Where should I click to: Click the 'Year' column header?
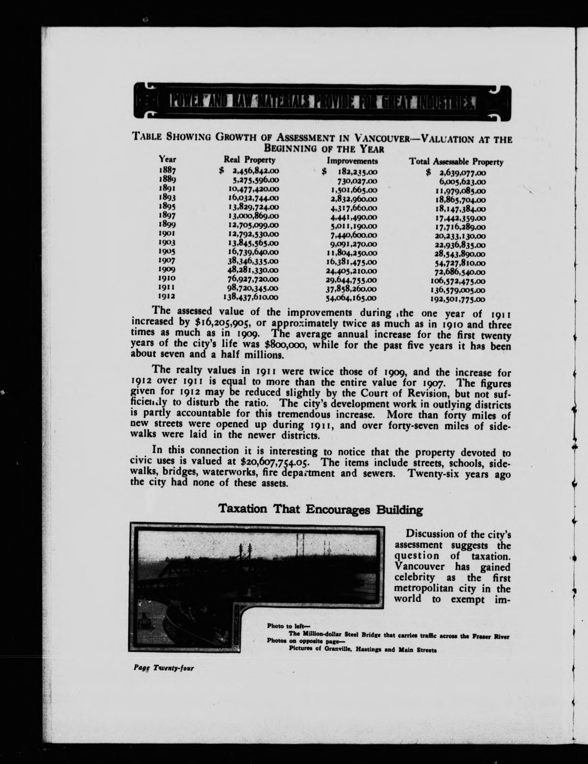(167, 159)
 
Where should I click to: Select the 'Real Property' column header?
(249, 160)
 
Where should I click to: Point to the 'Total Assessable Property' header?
(456, 162)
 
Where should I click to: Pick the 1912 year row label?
(166, 296)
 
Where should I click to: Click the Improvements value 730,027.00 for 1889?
(355, 181)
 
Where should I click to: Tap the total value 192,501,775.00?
(458, 299)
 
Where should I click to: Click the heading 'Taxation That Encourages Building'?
(320, 509)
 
